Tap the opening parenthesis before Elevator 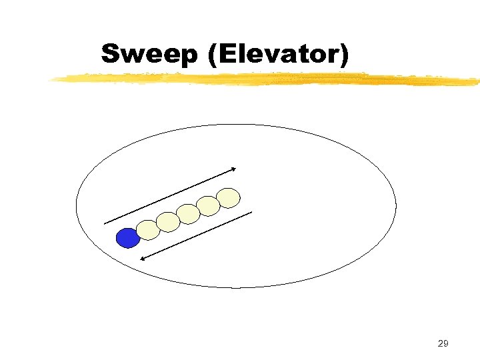[213, 55]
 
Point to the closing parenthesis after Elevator [343, 55]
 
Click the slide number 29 [443, 344]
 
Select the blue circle [127, 238]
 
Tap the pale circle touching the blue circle [148, 230]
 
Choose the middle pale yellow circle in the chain [189, 214]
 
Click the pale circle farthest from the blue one [229, 197]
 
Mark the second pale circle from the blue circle [168, 222]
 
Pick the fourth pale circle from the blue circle [209, 206]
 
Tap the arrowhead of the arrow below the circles [143, 259]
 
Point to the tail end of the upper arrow [105, 223]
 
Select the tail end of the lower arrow [252, 212]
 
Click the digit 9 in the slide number [446, 344]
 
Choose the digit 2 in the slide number [439, 344]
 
